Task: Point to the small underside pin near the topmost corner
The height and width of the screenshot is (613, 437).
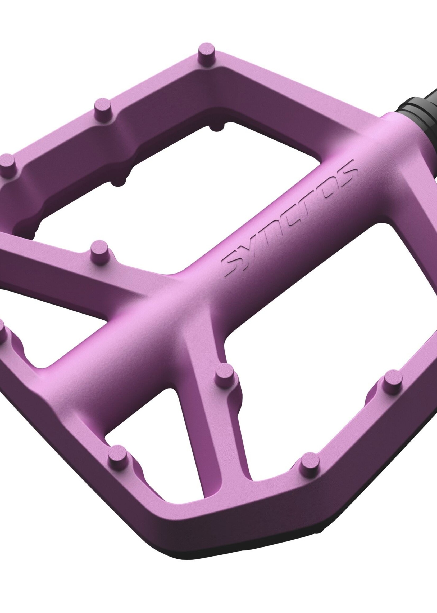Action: (x=217, y=128)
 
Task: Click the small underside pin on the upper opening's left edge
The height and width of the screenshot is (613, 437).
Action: (x=119, y=182)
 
